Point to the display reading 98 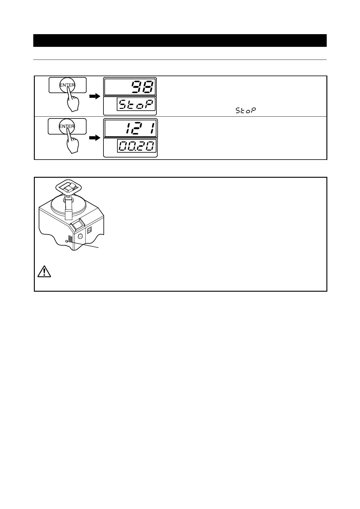click(x=130, y=87)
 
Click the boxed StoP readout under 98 click(x=136, y=105)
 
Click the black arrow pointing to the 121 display click(x=95, y=138)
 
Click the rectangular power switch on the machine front click(x=90, y=231)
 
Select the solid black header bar click(x=180, y=41)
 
